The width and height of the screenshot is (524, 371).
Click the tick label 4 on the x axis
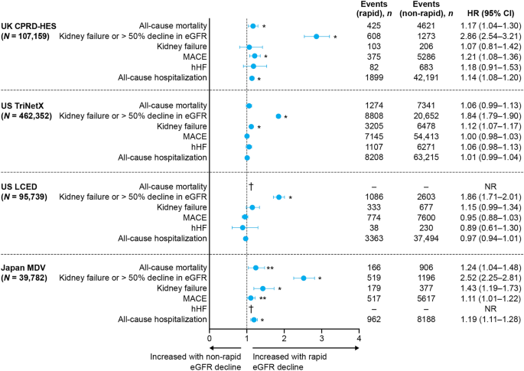(359, 338)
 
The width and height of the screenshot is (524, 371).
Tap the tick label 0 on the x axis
(210, 338)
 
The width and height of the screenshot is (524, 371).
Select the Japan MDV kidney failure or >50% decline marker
(304, 278)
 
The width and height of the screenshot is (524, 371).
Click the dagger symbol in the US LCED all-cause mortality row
(251, 185)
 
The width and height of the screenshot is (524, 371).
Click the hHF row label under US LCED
(197, 228)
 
